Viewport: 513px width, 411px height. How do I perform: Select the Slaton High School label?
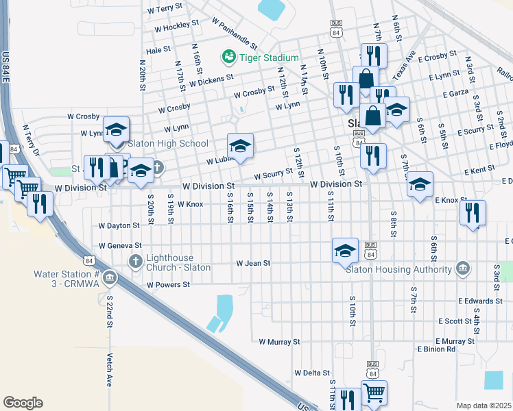coord(168,144)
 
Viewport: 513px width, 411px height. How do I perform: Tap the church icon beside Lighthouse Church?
coord(136,261)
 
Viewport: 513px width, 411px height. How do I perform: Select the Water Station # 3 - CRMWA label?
coord(67,279)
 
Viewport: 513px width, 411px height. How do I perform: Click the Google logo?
coord(23,402)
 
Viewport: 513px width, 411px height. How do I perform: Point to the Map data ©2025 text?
coord(484,406)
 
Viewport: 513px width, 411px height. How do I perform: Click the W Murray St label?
coord(279,341)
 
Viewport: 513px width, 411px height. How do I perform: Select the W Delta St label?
coord(312,373)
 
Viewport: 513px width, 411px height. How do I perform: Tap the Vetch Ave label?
coord(110,371)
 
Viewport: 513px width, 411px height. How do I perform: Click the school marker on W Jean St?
coord(346,251)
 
